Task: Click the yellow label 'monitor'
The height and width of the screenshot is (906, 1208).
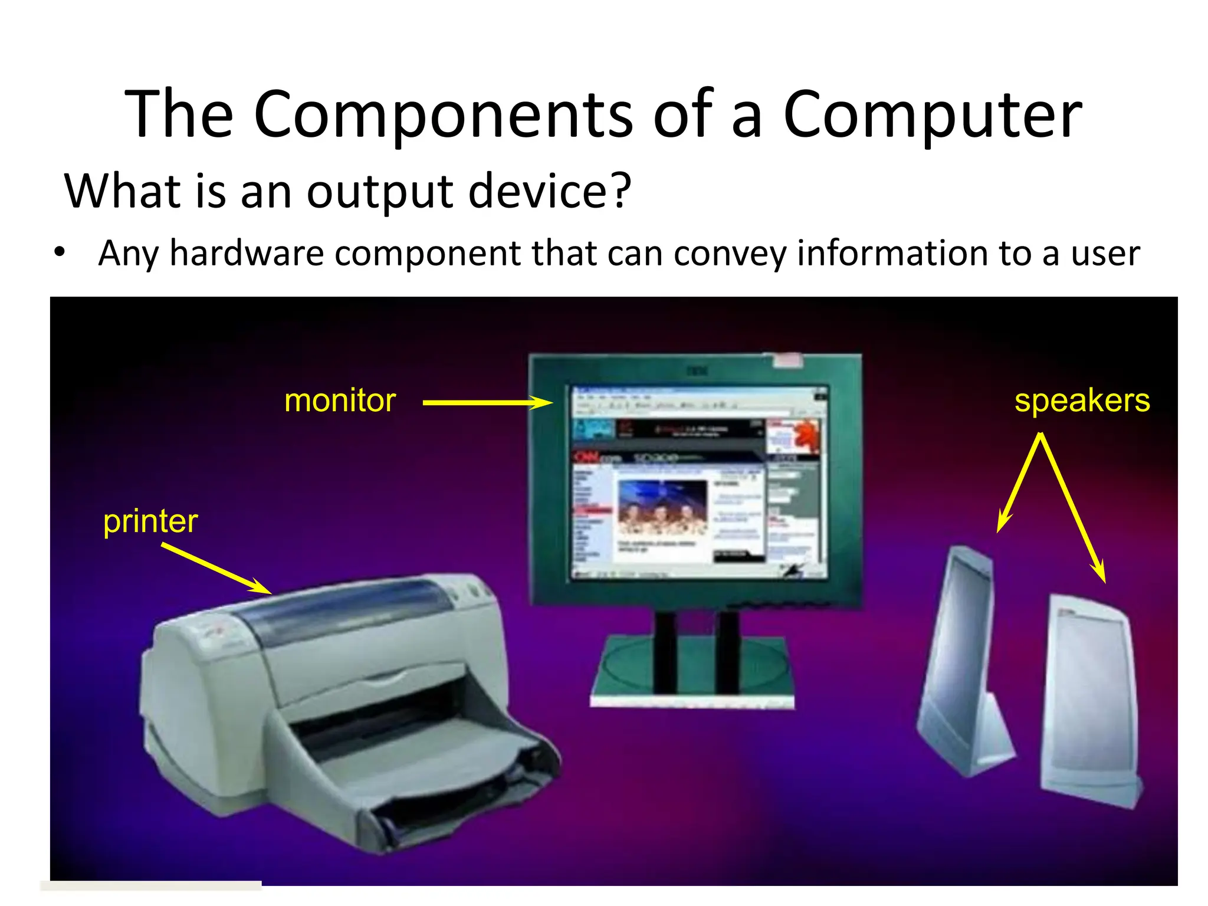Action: [x=340, y=401]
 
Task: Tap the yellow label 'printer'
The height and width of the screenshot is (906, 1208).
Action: [x=150, y=521]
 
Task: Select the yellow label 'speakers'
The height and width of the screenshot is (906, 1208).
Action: [x=1082, y=401]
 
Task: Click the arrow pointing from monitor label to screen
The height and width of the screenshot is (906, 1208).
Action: [x=487, y=403]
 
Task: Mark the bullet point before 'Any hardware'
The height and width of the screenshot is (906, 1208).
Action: [x=60, y=252]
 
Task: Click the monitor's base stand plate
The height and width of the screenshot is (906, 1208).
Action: [x=693, y=672]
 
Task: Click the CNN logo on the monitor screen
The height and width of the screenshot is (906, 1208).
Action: [x=587, y=457]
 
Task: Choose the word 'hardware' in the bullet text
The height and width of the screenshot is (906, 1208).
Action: [x=247, y=254]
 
